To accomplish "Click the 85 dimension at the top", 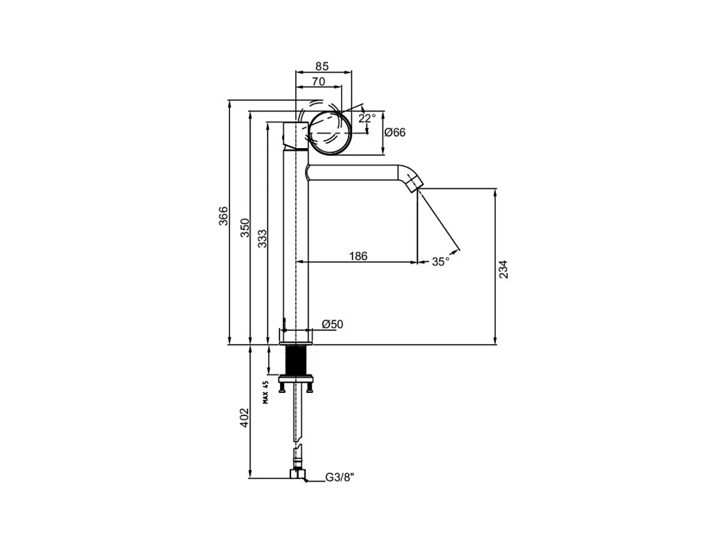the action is [322, 67].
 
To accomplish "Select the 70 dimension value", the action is [318, 81].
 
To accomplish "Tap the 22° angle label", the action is [367, 118].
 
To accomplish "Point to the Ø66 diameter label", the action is [395, 132].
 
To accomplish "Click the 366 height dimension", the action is [223, 216].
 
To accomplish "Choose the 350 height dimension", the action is [245, 228].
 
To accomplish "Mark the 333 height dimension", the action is [262, 239].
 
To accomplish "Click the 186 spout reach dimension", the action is [358, 256].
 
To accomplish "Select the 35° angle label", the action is [441, 262].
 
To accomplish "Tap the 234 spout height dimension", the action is [503, 270].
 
